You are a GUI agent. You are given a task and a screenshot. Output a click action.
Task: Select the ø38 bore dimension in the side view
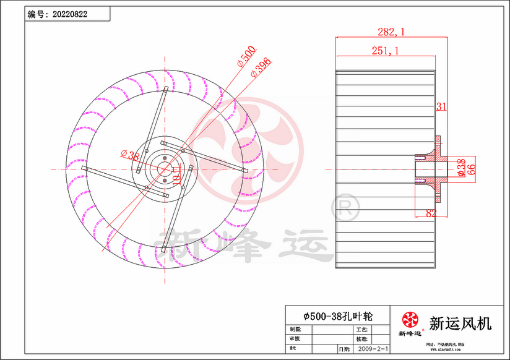tap(461, 168)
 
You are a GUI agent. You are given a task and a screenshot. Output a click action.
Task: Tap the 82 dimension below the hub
tap(431, 213)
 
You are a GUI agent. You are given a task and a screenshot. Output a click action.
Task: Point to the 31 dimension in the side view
tap(441, 107)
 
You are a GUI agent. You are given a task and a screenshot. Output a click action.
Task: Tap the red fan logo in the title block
tap(410, 320)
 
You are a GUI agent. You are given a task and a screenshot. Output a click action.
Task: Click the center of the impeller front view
tap(164, 168)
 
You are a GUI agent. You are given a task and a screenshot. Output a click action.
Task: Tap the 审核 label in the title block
tap(296, 340)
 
